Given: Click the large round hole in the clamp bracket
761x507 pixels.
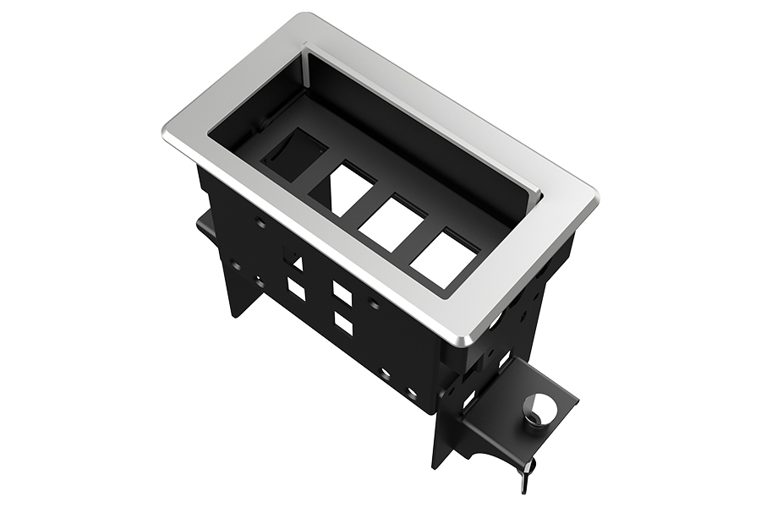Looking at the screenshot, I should [x=544, y=409].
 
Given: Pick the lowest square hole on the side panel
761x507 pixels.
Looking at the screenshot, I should [x=343, y=324].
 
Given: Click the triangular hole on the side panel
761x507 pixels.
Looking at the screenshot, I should [x=296, y=263].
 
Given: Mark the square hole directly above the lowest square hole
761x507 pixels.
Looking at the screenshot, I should [x=342, y=293].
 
